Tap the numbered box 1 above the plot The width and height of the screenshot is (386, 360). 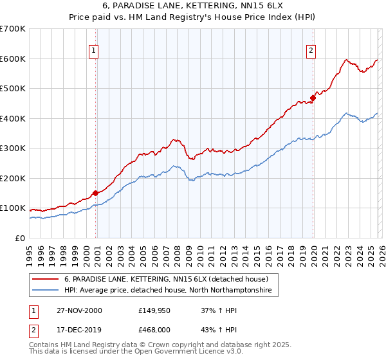(94, 51)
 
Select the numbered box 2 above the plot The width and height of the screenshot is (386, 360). (311, 51)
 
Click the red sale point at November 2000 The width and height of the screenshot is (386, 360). (96, 192)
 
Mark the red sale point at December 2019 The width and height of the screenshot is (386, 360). (313, 98)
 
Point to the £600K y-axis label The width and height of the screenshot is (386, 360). (12, 59)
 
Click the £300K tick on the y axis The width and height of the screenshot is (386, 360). (12, 148)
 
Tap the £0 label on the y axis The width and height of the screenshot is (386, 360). (19, 239)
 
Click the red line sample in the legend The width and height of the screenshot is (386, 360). (46, 280)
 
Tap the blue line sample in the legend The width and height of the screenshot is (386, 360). (46, 291)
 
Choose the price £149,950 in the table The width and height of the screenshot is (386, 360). (154, 310)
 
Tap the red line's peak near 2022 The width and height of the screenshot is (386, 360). (346, 60)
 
